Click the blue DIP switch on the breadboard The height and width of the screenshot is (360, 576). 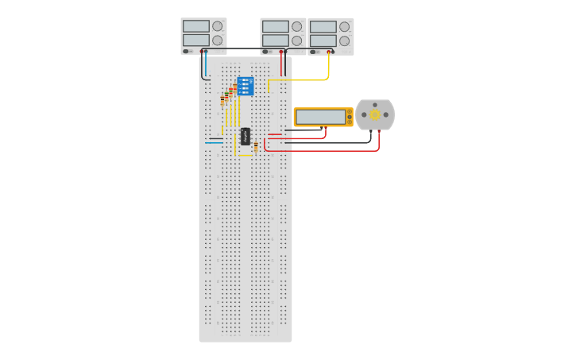click(x=245, y=86)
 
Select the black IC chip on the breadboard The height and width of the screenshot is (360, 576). click(x=245, y=136)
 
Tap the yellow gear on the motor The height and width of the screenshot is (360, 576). click(x=374, y=114)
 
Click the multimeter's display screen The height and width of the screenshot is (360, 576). click(x=320, y=117)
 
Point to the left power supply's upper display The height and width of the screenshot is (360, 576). click(x=195, y=26)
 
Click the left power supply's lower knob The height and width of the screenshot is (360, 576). click(x=218, y=41)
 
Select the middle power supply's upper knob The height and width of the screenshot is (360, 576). click(x=297, y=26)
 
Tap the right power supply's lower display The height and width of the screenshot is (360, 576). click(x=323, y=41)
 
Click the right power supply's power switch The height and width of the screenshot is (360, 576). click(x=313, y=52)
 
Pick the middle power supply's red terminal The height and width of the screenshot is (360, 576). click(x=281, y=52)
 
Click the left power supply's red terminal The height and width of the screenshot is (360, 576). click(x=202, y=52)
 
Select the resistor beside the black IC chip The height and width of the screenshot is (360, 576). click(x=256, y=146)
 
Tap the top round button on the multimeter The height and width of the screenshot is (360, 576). click(x=349, y=112)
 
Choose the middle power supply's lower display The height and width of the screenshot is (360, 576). click(x=275, y=41)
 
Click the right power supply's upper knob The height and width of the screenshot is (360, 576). click(x=345, y=26)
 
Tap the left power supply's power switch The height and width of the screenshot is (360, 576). click(x=186, y=52)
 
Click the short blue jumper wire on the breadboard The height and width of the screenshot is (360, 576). click(x=214, y=143)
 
